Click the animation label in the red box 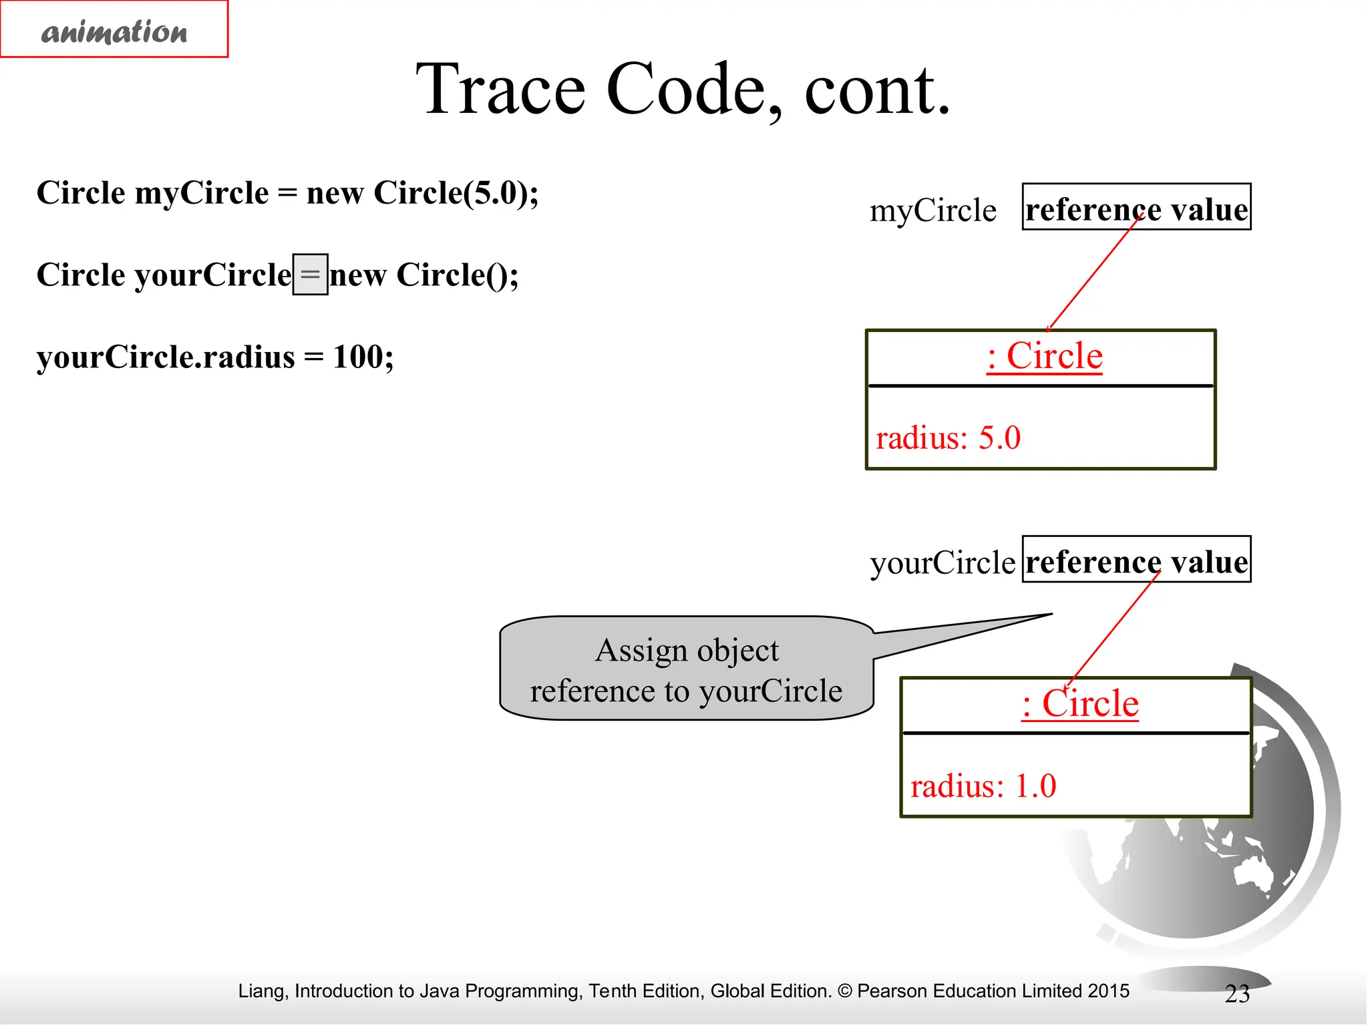(x=114, y=31)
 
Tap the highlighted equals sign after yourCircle (x=311, y=275)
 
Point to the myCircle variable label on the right (x=932, y=210)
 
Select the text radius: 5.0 (x=948, y=438)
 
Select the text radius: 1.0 (x=983, y=786)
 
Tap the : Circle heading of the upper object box (x=1044, y=355)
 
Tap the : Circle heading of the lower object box (x=1080, y=703)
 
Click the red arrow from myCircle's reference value (x=1095, y=274)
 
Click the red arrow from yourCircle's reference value (x=1114, y=628)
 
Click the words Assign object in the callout (x=687, y=650)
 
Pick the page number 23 (x=1236, y=994)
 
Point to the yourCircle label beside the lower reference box (x=942, y=562)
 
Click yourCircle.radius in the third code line (x=165, y=357)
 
